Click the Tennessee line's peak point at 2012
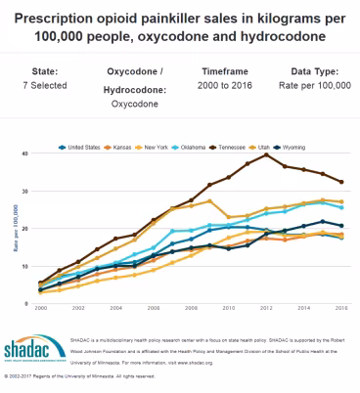266,155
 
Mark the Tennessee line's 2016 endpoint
339,182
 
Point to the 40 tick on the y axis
27,154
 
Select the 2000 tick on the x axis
40,310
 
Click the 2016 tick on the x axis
339,310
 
